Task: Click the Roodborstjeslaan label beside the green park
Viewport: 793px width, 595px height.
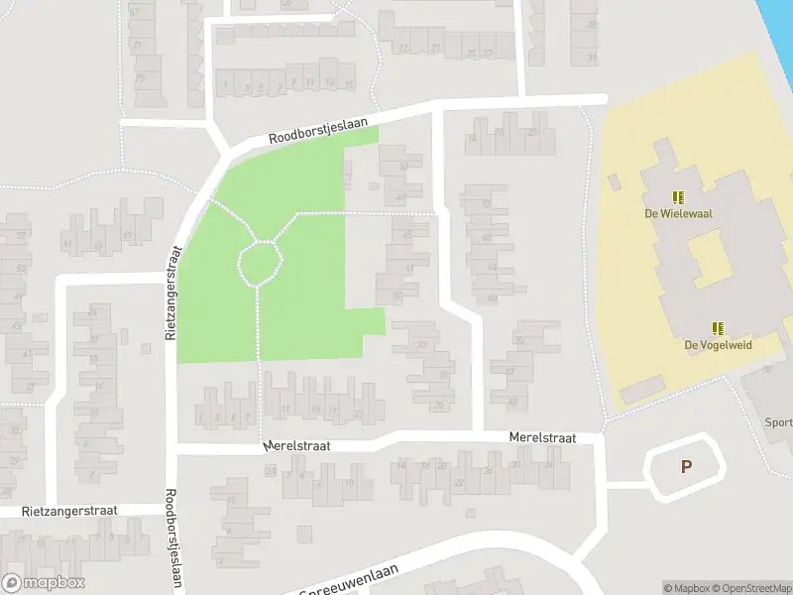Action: (x=318, y=132)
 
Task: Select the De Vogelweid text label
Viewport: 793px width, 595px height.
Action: (x=718, y=344)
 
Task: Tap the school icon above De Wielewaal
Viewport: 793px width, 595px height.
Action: (x=678, y=197)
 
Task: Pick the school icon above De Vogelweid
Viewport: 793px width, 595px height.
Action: (x=718, y=328)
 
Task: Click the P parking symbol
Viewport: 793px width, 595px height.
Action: (x=685, y=466)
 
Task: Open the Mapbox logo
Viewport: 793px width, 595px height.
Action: (x=44, y=583)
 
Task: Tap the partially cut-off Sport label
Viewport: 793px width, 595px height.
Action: (x=778, y=422)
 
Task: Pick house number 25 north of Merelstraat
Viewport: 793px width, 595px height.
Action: (x=438, y=405)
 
